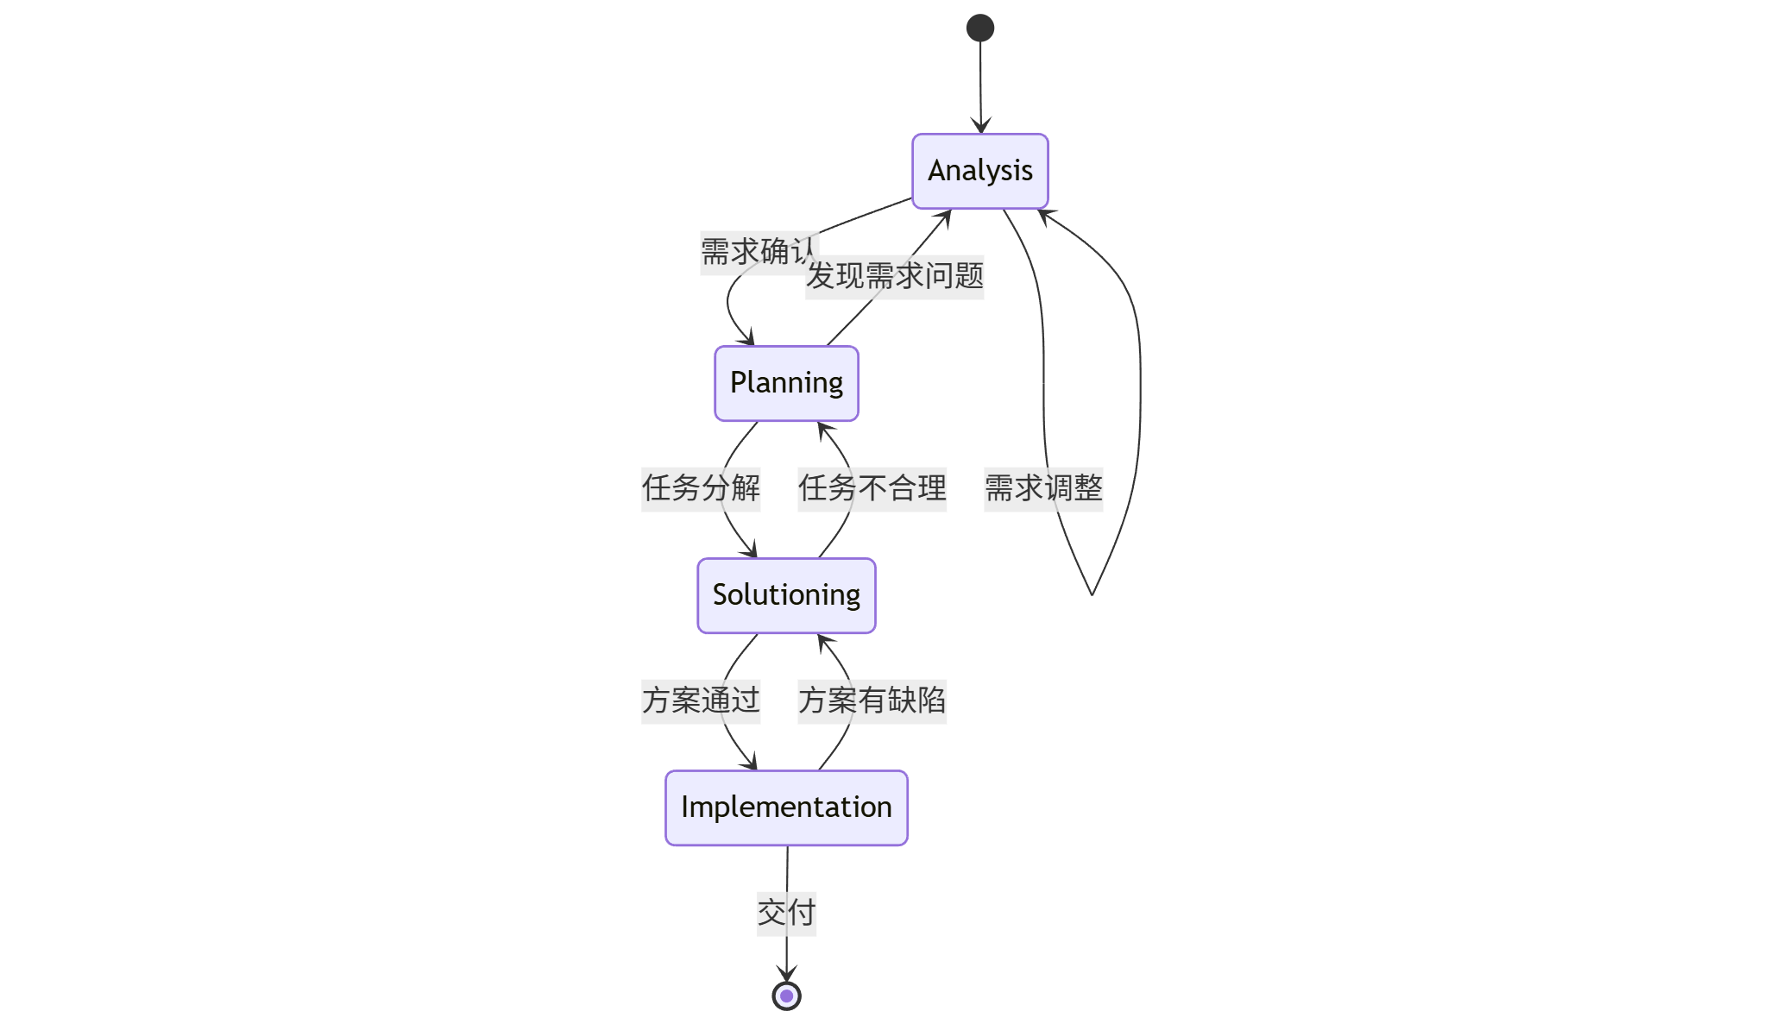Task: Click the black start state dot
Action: click(x=979, y=28)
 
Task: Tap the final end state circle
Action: click(x=786, y=996)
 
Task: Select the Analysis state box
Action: click(x=979, y=171)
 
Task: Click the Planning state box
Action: click(x=786, y=383)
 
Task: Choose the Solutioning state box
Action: click(x=786, y=595)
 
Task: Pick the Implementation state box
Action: click(x=786, y=807)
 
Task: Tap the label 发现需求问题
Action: click(x=894, y=277)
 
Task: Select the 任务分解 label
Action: click(x=700, y=488)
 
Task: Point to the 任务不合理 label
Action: click(x=872, y=488)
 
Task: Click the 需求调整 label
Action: click(x=1042, y=488)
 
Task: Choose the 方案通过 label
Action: click(x=700, y=700)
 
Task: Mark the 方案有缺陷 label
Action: click(x=872, y=700)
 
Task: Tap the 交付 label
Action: click(x=786, y=913)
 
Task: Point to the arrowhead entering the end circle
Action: click(x=786, y=975)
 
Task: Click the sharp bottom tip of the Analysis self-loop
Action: click(x=1092, y=594)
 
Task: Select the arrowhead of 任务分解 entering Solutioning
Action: click(x=752, y=551)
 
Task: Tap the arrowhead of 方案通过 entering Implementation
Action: click(x=752, y=763)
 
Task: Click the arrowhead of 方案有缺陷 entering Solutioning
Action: click(x=822, y=640)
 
